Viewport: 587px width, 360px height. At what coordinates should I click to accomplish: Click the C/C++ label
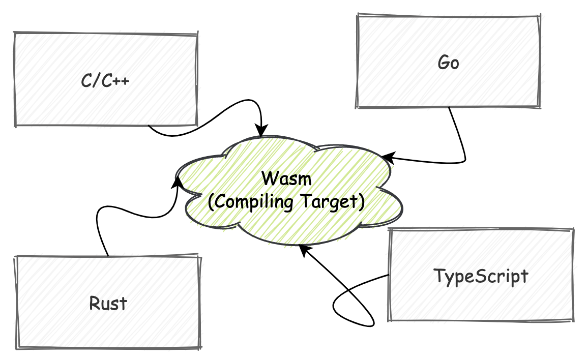(105, 81)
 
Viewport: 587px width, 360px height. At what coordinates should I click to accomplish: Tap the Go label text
(448, 63)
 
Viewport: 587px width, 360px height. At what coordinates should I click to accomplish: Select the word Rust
(108, 304)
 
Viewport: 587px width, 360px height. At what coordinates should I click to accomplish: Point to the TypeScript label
(481, 276)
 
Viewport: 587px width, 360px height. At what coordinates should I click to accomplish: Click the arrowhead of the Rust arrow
(178, 181)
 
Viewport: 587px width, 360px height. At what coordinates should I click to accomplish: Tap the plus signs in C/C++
(122, 81)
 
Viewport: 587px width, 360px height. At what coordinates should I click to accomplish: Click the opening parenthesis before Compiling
(212, 202)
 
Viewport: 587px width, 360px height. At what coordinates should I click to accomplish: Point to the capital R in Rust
(94, 303)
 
